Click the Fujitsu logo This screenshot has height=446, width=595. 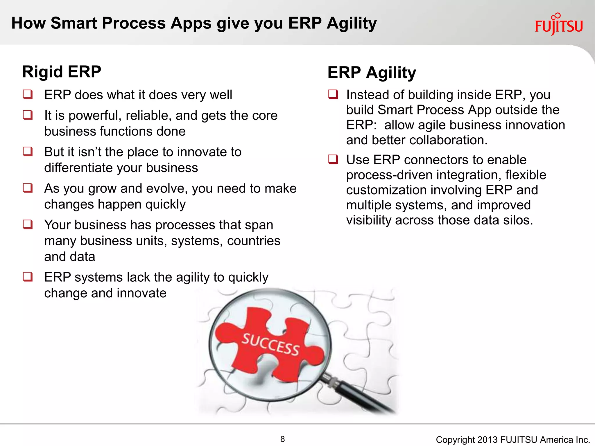[559, 26]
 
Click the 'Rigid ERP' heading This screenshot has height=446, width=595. [62, 72]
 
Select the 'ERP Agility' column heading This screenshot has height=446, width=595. [372, 73]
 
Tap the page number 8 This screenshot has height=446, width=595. [282, 439]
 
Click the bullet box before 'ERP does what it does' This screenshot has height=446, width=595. [28, 94]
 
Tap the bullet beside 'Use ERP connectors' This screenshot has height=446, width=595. [333, 159]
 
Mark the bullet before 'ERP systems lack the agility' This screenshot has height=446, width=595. [28, 277]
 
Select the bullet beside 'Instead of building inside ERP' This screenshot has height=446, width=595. [333, 94]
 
